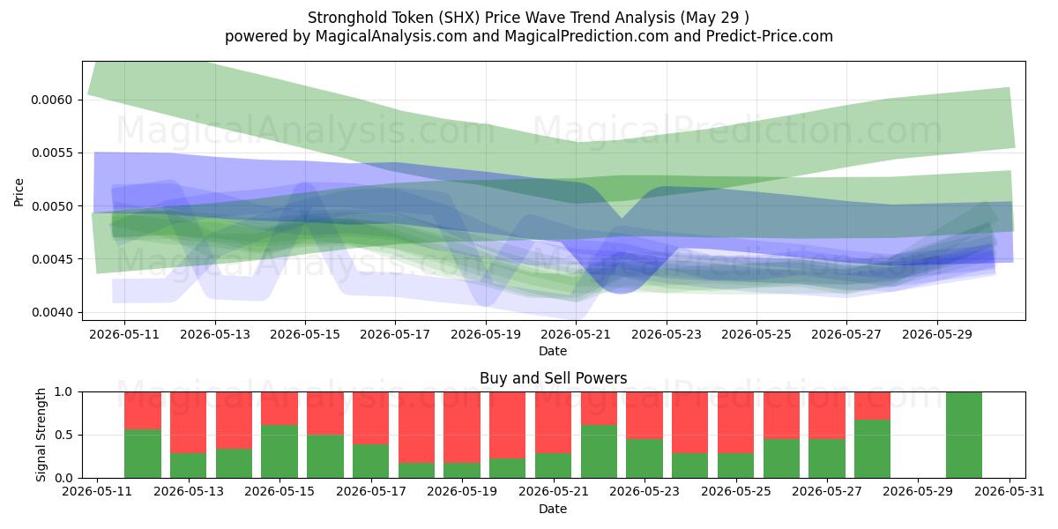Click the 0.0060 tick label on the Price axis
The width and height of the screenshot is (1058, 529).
(x=51, y=101)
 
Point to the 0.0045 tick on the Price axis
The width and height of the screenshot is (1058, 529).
(x=51, y=259)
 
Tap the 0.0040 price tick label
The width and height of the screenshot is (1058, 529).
(x=51, y=313)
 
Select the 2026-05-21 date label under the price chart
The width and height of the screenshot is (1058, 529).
(x=576, y=334)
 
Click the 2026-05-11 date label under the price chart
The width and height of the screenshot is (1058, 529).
(x=124, y=334)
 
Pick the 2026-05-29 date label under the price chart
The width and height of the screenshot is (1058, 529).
(x=937, y=334)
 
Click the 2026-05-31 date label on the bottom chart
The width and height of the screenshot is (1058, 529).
(x=1010, y=491)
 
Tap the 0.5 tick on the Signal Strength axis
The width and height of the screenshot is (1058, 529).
(x=63, y=435)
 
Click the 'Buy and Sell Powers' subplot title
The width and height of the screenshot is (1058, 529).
(x=553, y=378)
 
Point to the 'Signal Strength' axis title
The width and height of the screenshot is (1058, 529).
(x=41, y=435)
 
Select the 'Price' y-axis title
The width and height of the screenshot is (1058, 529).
(x=19, y=192)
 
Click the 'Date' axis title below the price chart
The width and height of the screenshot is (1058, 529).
(x=553, y=351)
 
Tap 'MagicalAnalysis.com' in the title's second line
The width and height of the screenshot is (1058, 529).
(x=391, y=36)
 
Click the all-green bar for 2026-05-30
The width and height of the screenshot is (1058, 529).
(x=964, y=435)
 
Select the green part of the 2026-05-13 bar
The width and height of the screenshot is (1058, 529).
(x=189, y=466)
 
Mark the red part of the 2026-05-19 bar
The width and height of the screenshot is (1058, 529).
(x=462, y=428)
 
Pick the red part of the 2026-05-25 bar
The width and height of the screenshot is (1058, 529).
(x=736, y=422)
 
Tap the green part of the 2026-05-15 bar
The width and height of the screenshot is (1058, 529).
(x=279, y=451)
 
